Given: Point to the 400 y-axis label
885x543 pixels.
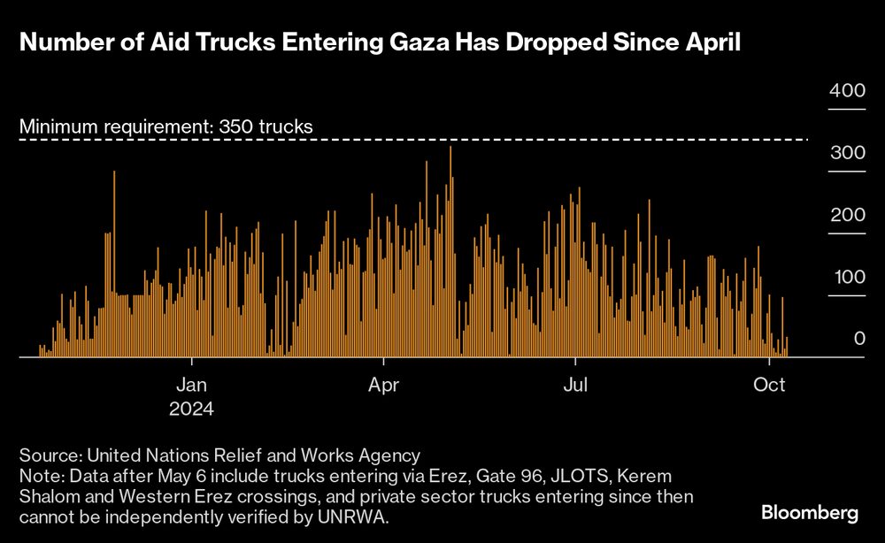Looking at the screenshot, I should [x=846, y=91].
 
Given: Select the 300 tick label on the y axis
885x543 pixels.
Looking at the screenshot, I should [x=846, y=153].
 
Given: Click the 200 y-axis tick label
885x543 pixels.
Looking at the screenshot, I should [x=846, y=216].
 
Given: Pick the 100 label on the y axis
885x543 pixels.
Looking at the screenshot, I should [x=846, y=278].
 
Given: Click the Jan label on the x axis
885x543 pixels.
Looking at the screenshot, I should [x=192, y=386].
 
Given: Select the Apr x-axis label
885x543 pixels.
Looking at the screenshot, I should [x=383, y=386].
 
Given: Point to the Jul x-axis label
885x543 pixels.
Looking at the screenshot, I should [x=576, y=386].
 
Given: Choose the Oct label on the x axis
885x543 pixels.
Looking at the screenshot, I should [x=769, y=386].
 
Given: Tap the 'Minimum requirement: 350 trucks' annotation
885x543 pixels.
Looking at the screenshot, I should [x=166, y=126].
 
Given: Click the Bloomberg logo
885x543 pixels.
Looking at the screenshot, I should [x=810, y=513].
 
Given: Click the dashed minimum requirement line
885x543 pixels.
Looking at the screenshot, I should [x=531, y=139].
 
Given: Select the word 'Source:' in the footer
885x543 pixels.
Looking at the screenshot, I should [x=50, y=455].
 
